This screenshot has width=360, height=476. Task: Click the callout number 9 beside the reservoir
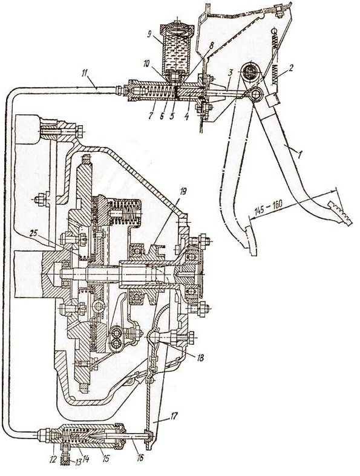(149, 34)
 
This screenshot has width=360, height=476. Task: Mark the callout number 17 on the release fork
(174, 416)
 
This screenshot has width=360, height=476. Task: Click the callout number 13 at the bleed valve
(79, 462)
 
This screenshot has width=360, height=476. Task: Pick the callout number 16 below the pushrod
(140, 457)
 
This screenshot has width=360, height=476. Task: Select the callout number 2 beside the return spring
(291, 68)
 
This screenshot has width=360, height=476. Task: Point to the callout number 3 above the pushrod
(231, 73)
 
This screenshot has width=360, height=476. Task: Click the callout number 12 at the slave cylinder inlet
(53, 457)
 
